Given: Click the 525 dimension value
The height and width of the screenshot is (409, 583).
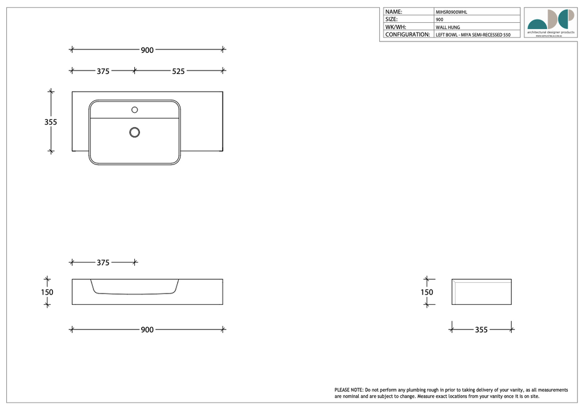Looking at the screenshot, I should tap(178, 72).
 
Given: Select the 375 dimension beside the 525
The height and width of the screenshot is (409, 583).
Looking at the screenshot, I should tap(102, 72).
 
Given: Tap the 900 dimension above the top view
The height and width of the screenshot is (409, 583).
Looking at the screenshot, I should tap(147, 50).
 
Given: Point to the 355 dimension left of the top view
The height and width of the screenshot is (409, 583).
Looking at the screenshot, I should tap(51, 122).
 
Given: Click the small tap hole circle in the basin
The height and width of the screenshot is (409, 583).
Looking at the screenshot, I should tap(135, 109).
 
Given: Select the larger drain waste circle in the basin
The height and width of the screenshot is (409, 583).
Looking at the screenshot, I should tap(134, 132).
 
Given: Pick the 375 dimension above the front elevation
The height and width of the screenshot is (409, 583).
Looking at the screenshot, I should tap(102, 263).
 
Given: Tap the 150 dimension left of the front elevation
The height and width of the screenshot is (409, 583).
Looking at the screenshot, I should tap(47, 292).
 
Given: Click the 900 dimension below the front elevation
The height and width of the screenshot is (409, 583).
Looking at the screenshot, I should tap(147, 330).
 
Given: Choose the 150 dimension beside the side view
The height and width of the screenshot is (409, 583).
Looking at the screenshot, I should tap(426, 292).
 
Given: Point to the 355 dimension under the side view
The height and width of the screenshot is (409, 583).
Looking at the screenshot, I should tap(481, 330).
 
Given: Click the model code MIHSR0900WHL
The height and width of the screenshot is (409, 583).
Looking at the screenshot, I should tap(451, 12).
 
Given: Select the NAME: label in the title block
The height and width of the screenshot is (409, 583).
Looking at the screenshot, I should tap(394, 11).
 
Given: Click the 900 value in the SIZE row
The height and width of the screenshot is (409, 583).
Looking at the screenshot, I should tap(440, 19).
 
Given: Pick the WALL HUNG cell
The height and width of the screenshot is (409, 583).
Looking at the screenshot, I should tap(447, 27).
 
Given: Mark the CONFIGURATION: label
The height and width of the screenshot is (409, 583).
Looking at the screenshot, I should tap(407, 35).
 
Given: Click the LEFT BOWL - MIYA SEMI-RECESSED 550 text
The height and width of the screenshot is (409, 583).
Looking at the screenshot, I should tap(473, 35).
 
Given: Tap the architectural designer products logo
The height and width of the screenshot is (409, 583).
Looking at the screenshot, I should tap(551, 22).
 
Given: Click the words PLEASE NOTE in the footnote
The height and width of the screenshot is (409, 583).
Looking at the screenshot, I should tap(348, 390).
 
